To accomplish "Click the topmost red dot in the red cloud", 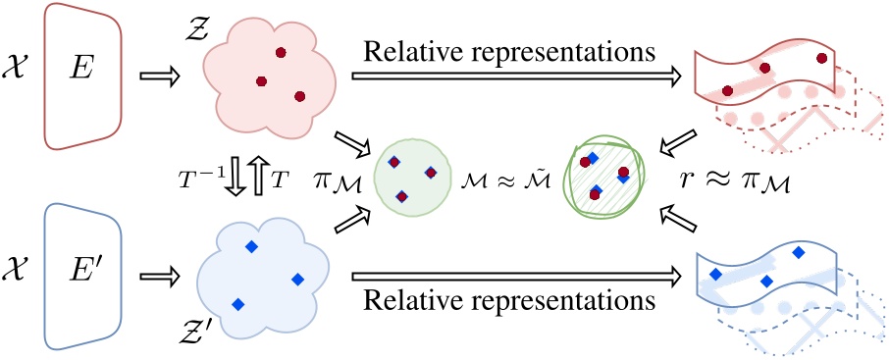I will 282,51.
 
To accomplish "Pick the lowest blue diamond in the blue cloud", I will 236,304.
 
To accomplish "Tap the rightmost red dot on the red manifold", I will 822,60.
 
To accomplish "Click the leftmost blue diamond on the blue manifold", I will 716,274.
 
